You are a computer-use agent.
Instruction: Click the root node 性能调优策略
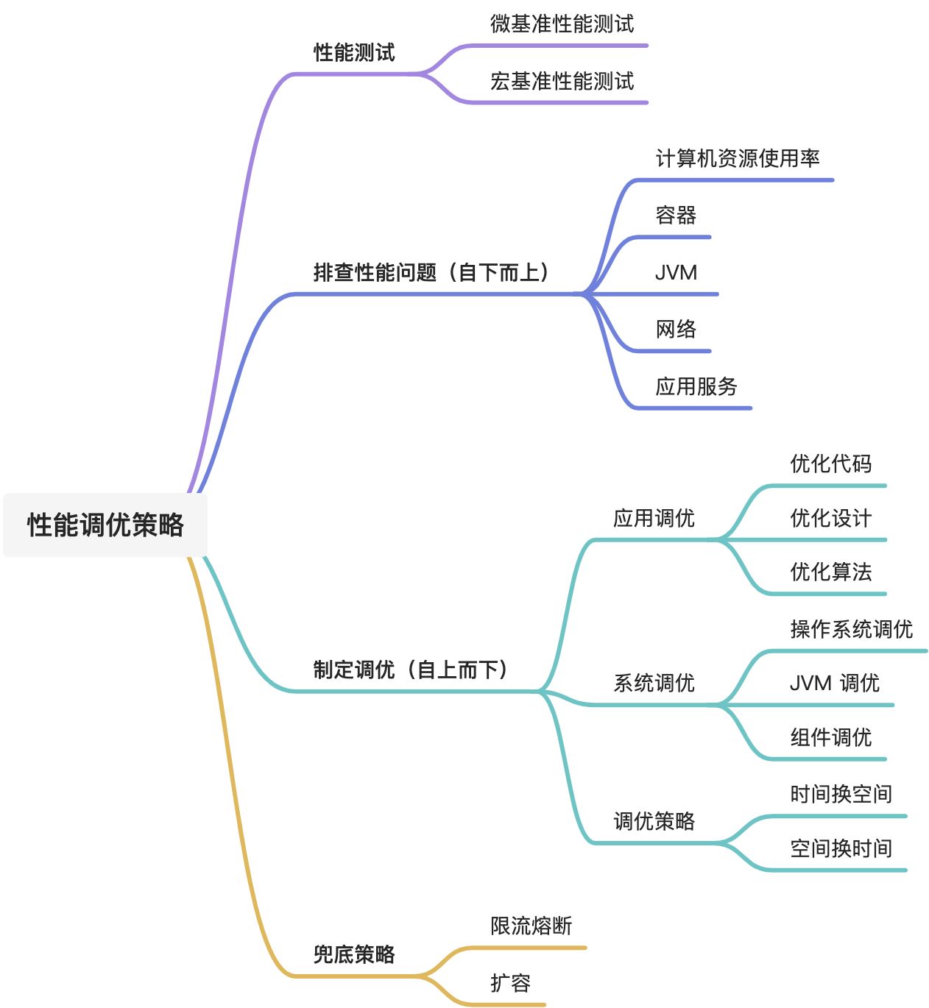(105, 525)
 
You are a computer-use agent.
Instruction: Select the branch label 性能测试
(354, 53)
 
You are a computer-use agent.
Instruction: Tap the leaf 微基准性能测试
(562, 24)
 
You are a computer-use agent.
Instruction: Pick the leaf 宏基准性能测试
(562, 82)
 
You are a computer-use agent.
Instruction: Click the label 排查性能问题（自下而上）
(431, 273)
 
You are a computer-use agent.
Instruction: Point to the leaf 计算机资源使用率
(738, 159)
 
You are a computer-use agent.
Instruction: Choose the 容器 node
(676, 216)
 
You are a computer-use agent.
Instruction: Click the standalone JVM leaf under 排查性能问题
(676, 273)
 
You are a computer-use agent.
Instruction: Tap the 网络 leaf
(676, 330)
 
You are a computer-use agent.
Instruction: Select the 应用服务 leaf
(696, 387)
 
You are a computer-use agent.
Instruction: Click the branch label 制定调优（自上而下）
(411, 670)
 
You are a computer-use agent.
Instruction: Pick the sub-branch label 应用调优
(654, 519)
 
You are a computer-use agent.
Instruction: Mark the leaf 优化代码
(830, 464)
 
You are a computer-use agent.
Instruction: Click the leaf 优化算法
(830, 572)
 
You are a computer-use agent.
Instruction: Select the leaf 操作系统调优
(851, 630)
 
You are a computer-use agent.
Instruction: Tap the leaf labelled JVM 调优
(834, 684)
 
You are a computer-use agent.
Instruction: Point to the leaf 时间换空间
(841, 795)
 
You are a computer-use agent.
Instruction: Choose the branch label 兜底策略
(354, 955)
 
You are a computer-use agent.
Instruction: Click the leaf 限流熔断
(531, 926)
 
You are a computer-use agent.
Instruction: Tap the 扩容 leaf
(510, 984)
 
